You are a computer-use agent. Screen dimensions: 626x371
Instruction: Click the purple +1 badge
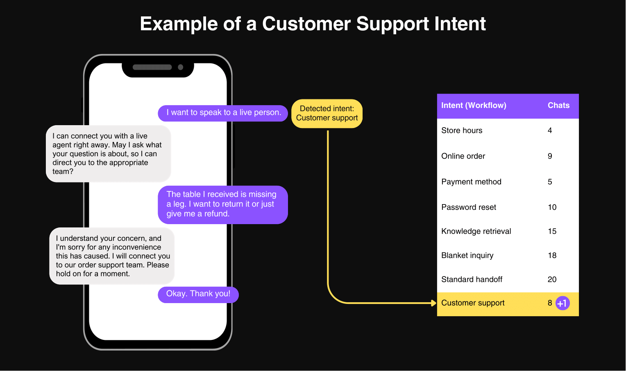[x=562, y=303]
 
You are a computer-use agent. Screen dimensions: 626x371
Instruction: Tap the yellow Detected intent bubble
[x=327, y=113]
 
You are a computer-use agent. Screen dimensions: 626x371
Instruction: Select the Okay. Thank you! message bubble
[x=198, y=294]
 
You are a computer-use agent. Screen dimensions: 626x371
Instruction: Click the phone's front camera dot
[x=181, y=67]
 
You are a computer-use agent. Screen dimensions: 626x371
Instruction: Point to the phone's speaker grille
[x=152, y=67]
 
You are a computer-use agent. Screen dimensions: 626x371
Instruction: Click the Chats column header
[x=558, y=105]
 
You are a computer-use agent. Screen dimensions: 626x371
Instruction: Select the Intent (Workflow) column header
[x=474, y=106]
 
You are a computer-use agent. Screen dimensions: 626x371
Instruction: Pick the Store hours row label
[x=462, y=130]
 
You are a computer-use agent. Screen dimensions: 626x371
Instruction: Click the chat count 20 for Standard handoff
[x=552, y=279]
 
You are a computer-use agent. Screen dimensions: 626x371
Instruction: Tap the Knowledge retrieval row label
[x=476, y=231]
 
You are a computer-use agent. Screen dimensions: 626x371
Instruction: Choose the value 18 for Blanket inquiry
[x=552, y=255]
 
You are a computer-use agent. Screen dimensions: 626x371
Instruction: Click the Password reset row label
[x=469, y=207]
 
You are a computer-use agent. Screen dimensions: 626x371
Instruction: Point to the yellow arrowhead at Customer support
[x=434, y=303]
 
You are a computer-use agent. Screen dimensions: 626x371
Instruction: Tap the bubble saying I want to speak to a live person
[x=223, y=113]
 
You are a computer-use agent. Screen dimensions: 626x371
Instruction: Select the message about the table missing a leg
[x=223, y=205]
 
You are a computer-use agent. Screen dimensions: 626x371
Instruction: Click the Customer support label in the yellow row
[x=473, y=303]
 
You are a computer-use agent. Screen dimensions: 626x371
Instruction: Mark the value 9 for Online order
[x=550, y=156]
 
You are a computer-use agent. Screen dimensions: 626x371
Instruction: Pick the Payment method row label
[x=471, y=182]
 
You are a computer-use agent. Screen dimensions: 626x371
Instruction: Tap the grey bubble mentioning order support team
[x=112, y=256]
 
